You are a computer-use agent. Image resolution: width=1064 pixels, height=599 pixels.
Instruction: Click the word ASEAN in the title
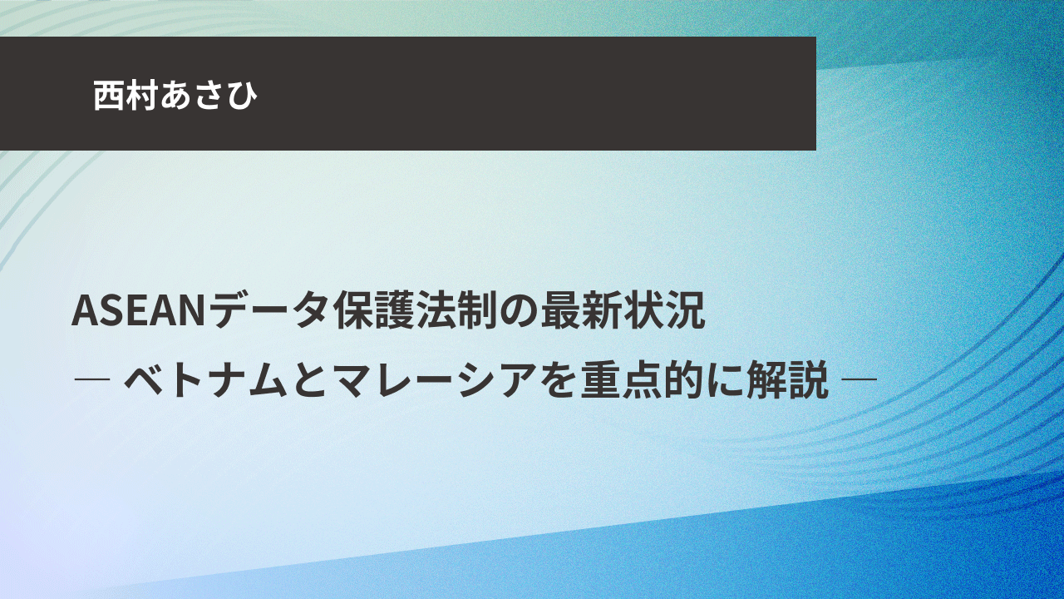[138, 312]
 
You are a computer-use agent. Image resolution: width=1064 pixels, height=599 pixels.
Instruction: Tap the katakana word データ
[268, 312]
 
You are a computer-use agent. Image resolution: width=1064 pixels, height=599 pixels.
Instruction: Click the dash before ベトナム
[92, 380]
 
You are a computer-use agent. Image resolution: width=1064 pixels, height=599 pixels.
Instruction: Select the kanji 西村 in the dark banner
[125, 95]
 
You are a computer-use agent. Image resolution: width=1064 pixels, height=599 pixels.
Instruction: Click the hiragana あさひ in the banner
[208, 95]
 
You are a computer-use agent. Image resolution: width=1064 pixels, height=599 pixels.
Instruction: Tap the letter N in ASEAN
[191, 312]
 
